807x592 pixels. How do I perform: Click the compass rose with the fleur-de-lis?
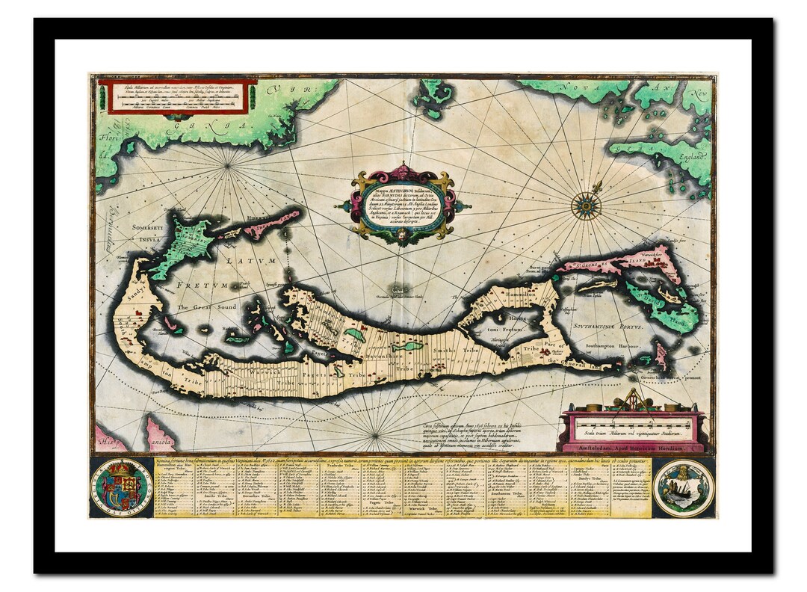(x=586, y=205)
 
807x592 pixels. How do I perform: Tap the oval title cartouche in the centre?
(x=403, y=203)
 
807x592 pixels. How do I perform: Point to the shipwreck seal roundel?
(x=683, y=487)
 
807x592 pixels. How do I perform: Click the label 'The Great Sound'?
(x=206, y=307)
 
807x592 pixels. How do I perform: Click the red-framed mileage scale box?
(x=179, y=96)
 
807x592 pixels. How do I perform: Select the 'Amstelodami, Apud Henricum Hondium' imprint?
(x=631, y=448)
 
